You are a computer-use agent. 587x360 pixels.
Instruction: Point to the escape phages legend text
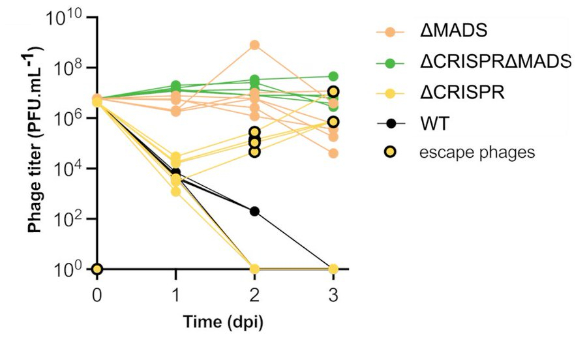click(x=477, y=153)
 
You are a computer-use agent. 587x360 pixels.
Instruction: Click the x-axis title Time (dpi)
click(x=215, y=322)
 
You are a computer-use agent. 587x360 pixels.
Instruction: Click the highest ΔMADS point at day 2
click(x=254, y=45)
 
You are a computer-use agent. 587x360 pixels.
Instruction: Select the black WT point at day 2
click(x=254, y=211)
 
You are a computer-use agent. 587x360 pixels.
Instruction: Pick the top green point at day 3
click(x=333, y=76)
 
